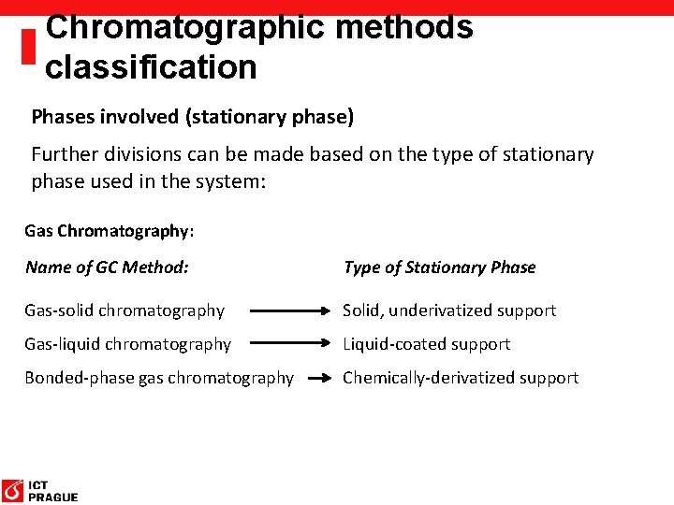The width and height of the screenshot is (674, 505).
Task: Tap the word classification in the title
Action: (151, 67)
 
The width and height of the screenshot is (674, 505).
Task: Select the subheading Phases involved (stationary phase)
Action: (193, 117)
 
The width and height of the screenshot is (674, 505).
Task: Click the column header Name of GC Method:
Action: (107, 267)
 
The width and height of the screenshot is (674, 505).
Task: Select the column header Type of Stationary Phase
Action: (439, 267)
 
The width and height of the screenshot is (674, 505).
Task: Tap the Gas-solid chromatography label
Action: (125, 310)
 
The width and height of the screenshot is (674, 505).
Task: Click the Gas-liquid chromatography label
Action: (127, 344)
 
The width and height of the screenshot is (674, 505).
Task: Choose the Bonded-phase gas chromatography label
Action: (159, 378)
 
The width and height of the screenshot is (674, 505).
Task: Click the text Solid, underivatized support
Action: (449, 310)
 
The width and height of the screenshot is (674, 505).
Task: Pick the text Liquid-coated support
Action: (426, 344)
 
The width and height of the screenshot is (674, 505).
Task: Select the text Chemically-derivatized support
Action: (461, 378)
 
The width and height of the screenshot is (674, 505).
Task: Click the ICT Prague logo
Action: (39, 490)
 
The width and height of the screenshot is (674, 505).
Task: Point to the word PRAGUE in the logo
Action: (53, 498)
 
